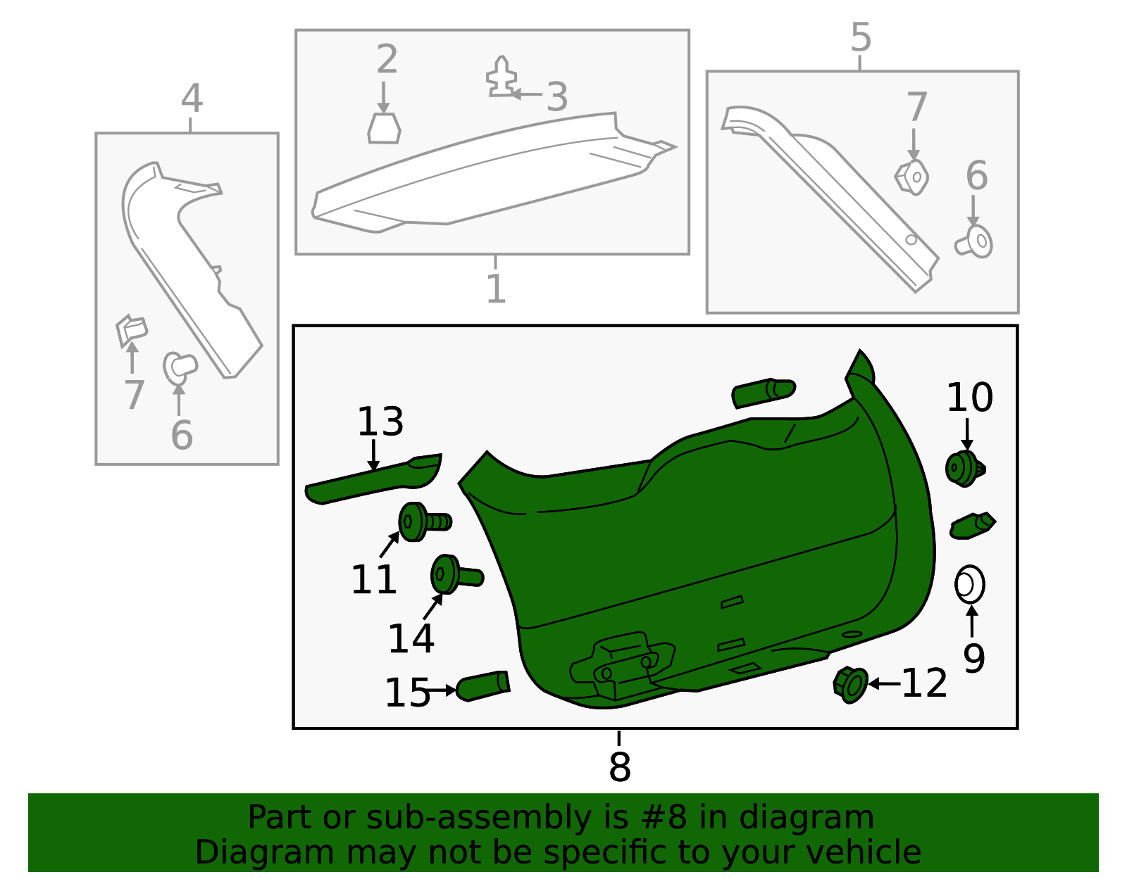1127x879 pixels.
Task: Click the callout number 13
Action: point(380,422)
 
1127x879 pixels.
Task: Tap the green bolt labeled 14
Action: point(454,575)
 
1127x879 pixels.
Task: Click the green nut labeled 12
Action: point(851,685)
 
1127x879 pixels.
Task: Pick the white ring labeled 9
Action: point(969,584)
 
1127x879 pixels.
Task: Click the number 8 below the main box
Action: point(619,766)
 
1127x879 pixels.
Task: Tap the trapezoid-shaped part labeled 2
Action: point(384,129)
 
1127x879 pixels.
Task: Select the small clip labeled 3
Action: point(501,77)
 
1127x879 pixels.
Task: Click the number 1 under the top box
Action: point(496,289)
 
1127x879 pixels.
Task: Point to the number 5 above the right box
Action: point(861,37)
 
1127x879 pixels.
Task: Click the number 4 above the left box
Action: point(192,99)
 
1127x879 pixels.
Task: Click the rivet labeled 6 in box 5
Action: point(975,241)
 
